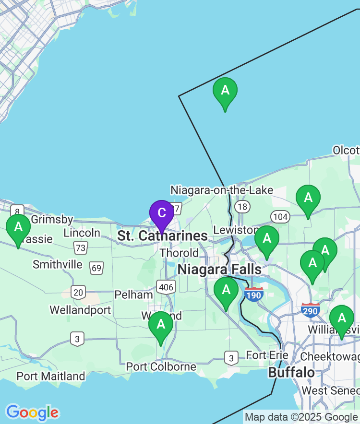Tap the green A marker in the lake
pyautogui.click(x=225, y=91)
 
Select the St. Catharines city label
pyautogui.click(x=163, y=236)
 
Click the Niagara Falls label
pyautogui.click(x=219, y=269)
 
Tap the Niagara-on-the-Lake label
pyautogui.click(x=222, y=190)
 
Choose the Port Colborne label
pyautogui.click(x=161, y=367)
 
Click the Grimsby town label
pyautogui.click(x=52, y=220)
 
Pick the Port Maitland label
pyautogui.click(x=51, y=376)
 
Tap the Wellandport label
pyautogui.click(x=80, y=310)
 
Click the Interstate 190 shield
pyautogui.click(x=253, y=294)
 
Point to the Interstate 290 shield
pyautogui.click(x=311, y=310)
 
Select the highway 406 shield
pyautogui.click(x=166, y=287)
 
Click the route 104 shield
pyautogui.click(x=280, y=217)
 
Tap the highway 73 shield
pyautogui.click(x=81, y=248)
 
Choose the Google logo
pyautogui.click(x=32, y=412)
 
